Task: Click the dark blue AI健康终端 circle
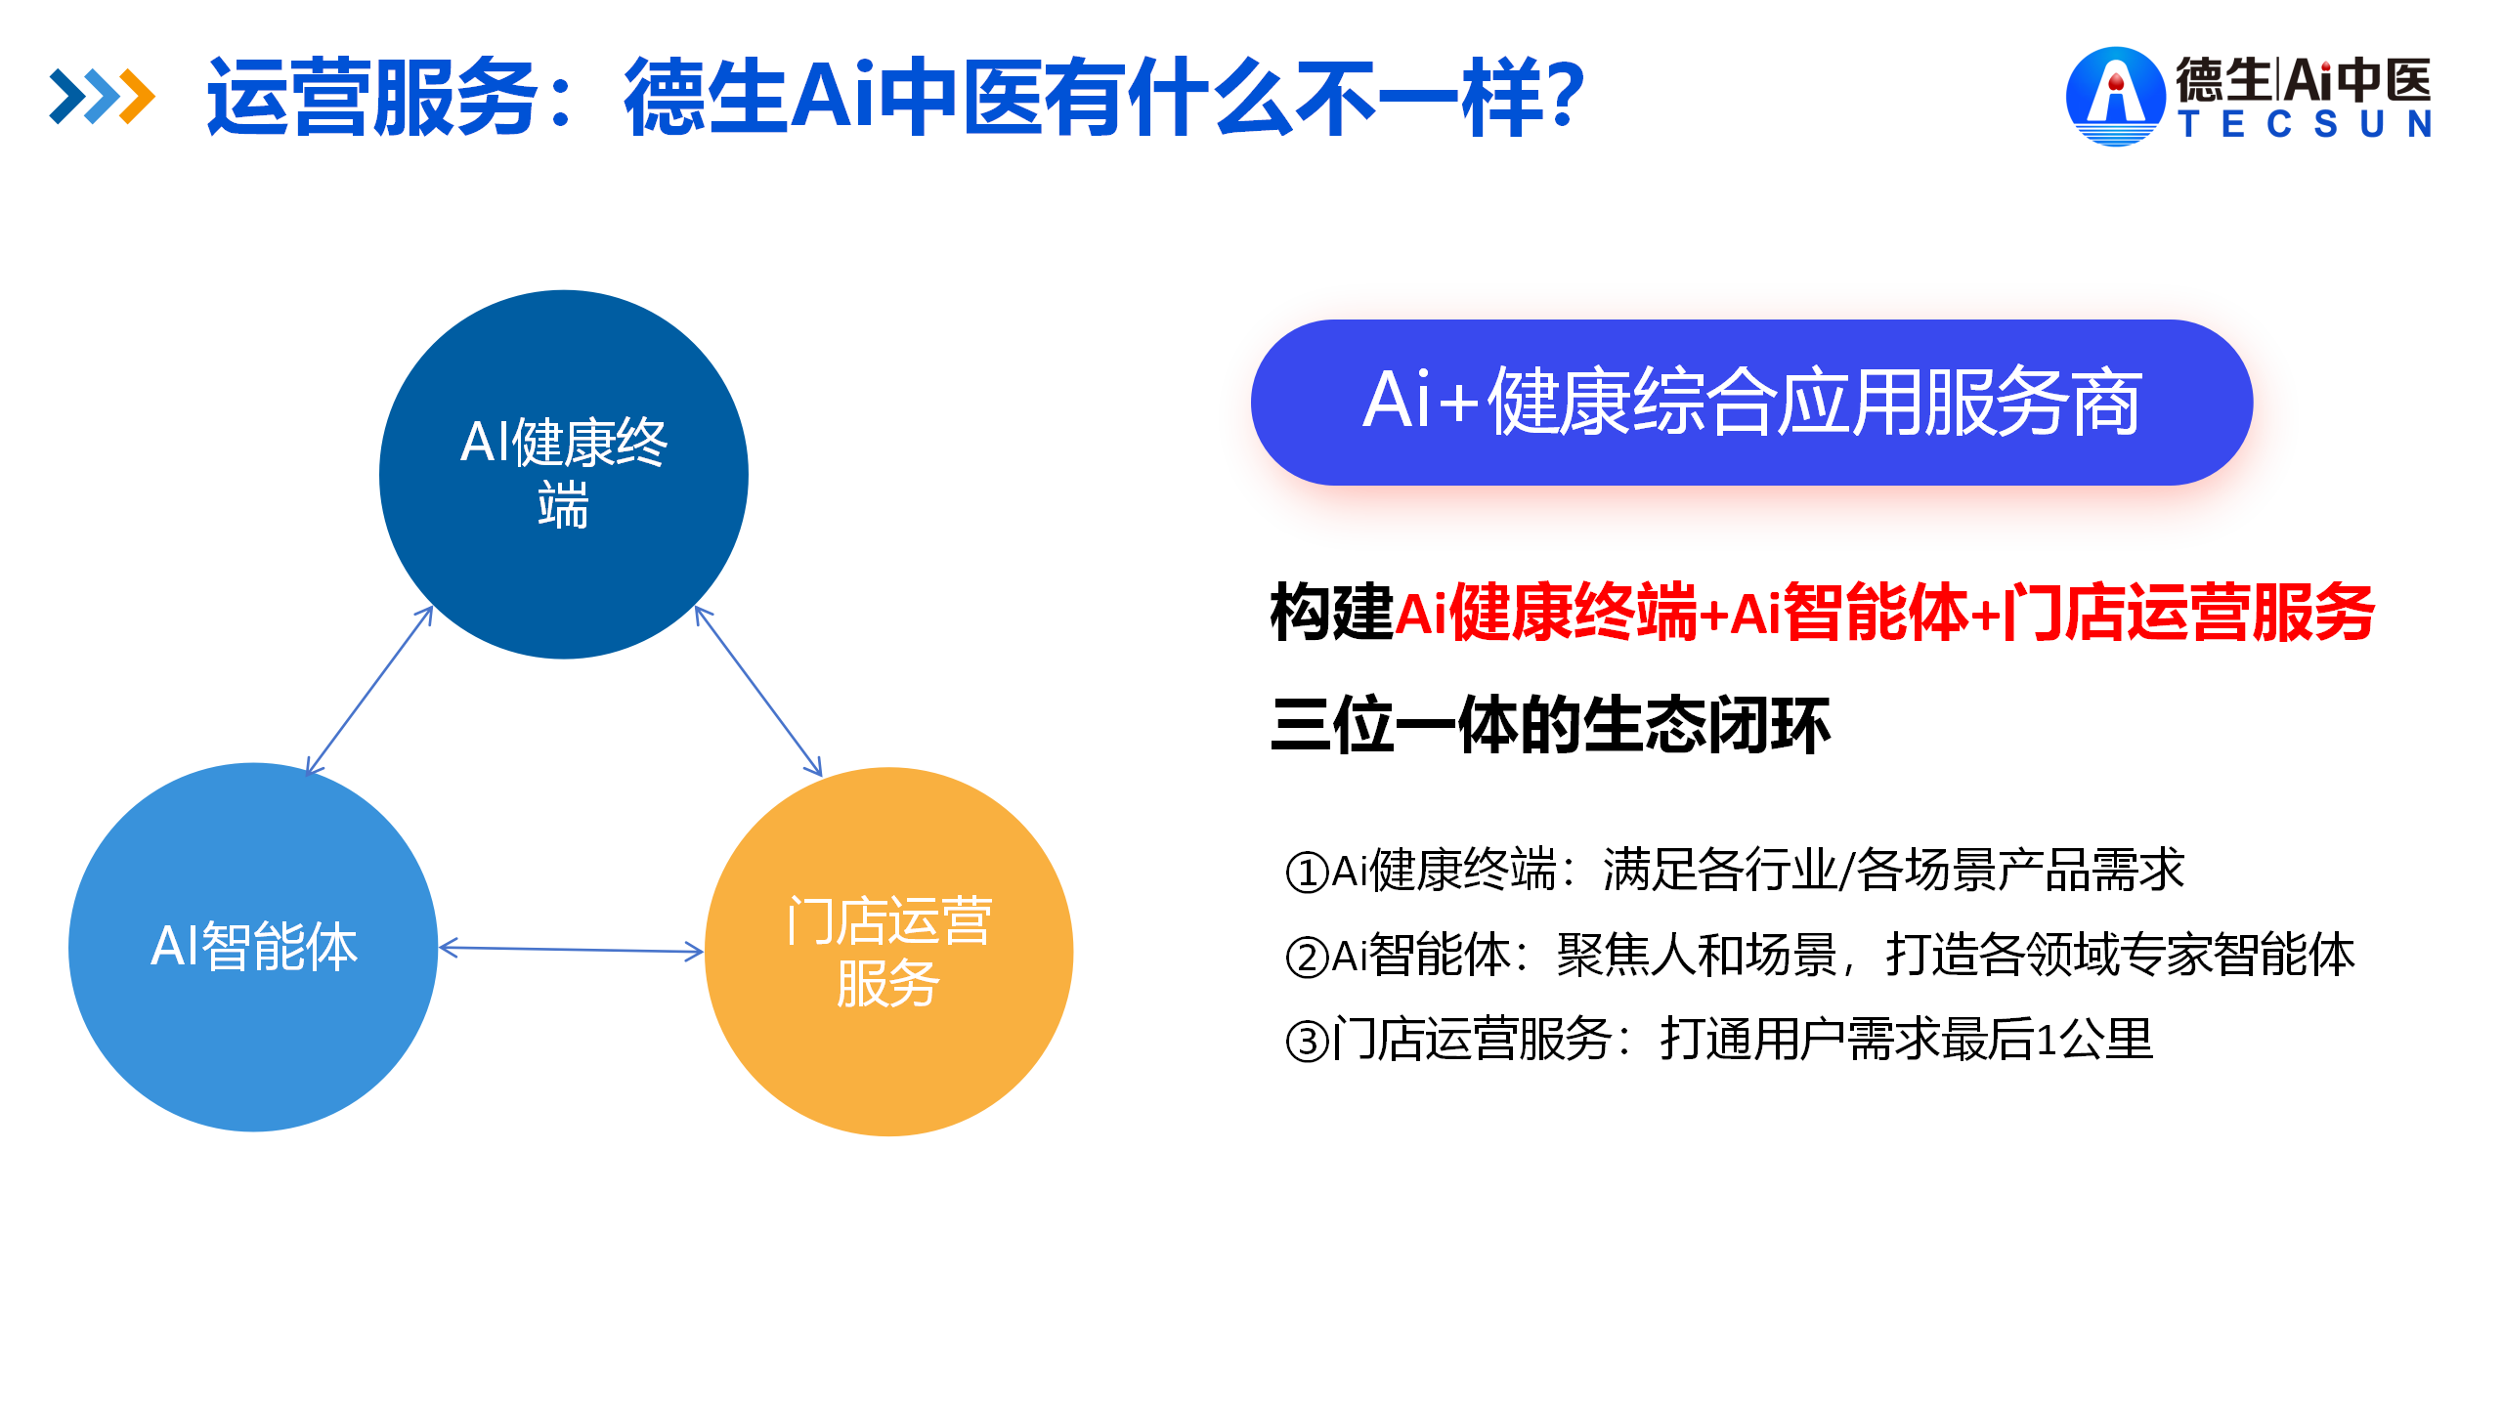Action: tap(564, 475)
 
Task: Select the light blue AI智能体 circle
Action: tap(253, 947)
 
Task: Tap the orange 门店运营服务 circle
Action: tap(888, 952)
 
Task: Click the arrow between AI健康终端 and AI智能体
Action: tap(369, 690)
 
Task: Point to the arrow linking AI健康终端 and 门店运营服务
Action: tap(758, 692)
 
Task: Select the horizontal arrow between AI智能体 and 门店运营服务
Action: tap(571, 949)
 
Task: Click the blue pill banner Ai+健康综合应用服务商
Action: tap(1751, 403)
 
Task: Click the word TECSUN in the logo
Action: tap(2306, 124)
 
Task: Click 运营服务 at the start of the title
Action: tap(372, 97)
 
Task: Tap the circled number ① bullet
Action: tap(1307, 872)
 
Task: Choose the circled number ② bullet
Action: tap(1307, 957)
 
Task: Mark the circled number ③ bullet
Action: tap(1307, 1041)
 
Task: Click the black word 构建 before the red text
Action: tap(1332, 613)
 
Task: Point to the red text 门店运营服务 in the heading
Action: tap(2188, 613)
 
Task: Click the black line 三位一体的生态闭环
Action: tap(1550, 725)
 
